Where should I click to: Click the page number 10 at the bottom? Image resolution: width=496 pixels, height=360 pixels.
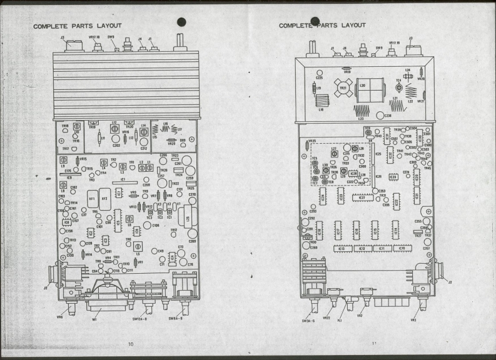(x=131, y=343)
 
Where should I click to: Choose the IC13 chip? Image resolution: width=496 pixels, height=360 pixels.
(x=342, y=248)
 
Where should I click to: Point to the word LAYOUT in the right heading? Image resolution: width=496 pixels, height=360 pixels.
(x=352, y=25)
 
